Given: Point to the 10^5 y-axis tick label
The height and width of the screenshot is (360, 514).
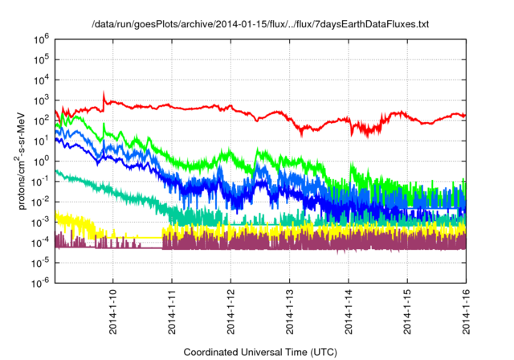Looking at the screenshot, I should coord(42,59).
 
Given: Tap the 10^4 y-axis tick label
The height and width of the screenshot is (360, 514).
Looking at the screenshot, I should coord(42,80).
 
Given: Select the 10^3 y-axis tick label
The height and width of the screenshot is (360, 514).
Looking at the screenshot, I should coord(42,100).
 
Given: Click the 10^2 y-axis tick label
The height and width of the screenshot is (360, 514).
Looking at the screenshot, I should coord(42,120).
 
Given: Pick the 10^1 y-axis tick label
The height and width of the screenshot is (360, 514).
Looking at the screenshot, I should coord(42,141).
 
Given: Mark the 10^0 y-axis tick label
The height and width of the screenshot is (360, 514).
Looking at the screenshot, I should coord(42,161).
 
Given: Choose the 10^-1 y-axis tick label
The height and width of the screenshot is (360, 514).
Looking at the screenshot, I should coord(41,181).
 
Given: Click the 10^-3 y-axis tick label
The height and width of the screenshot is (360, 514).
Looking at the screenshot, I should coord(41,221).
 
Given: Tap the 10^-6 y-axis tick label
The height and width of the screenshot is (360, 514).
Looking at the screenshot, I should coord(41,282).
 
